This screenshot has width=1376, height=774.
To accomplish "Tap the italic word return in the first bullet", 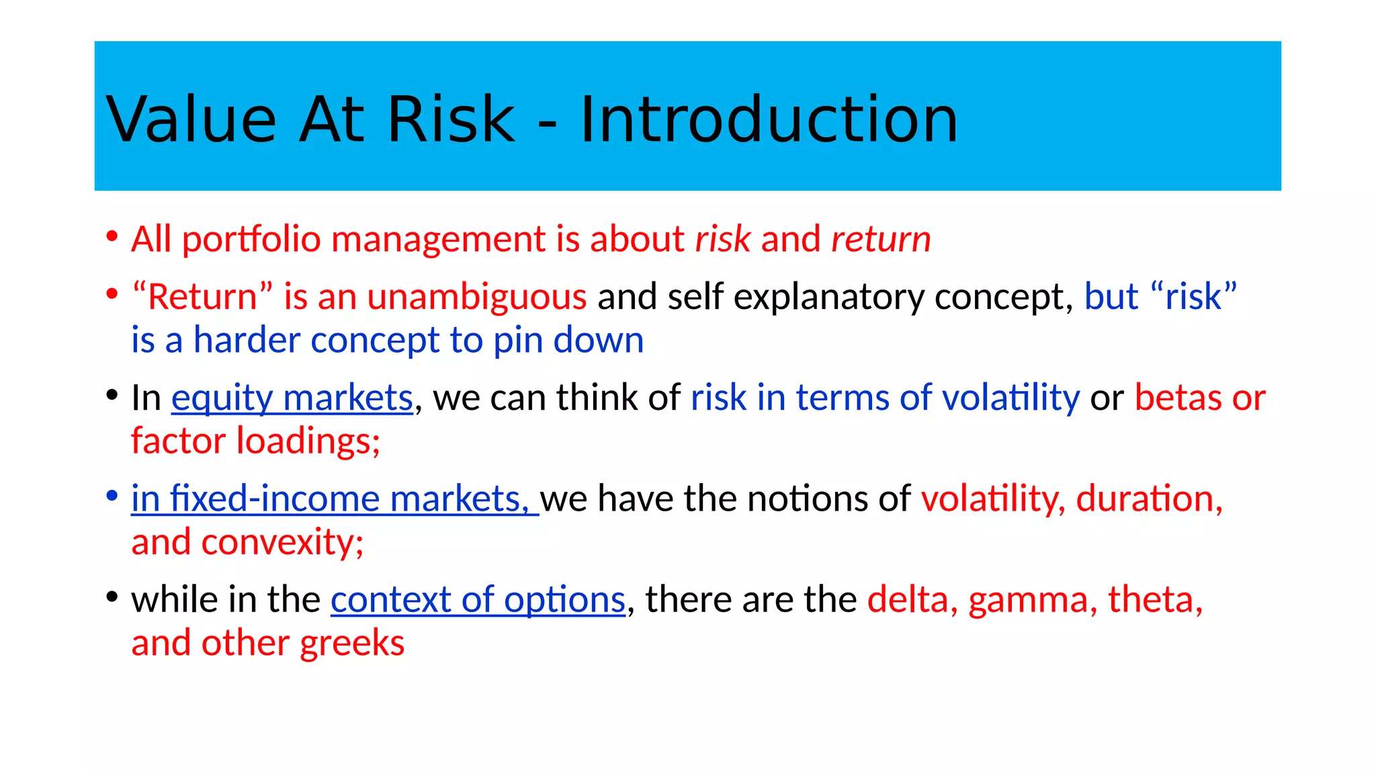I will [881, 239].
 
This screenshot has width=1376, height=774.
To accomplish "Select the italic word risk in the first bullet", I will [722, 239].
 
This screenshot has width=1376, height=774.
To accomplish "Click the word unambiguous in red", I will [477, 297].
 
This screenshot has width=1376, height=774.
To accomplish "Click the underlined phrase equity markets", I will [292, 398].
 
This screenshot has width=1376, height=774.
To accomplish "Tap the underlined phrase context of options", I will [478, 599].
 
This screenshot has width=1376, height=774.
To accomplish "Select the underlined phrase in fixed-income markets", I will [334, 499].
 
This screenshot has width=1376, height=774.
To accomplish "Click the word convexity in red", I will [282, 542].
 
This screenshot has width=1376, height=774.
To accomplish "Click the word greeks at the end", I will [352, 644].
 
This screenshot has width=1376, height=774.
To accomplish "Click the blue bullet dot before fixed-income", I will [112, 496].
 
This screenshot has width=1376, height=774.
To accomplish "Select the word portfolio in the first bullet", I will [251, 239].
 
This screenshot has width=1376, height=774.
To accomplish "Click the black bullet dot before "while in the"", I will [112, 597].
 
